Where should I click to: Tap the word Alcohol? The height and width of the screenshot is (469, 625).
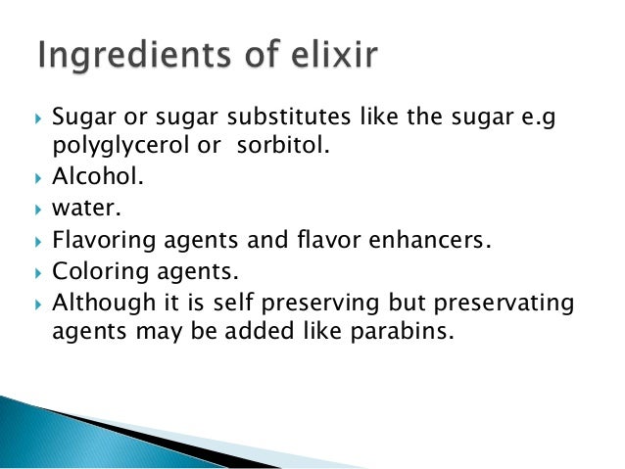[89, 181]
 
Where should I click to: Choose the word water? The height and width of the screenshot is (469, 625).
[79, 210]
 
